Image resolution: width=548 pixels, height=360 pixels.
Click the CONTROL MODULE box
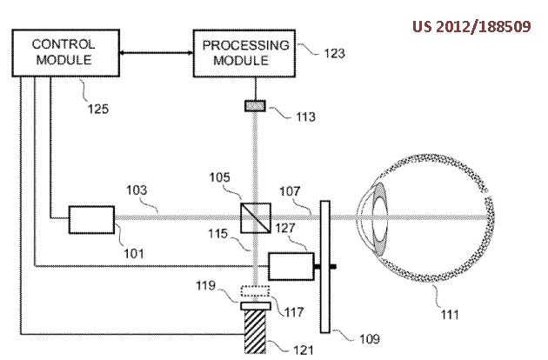[x=63, y=52]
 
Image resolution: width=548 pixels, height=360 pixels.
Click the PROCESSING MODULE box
[x=244, y=51]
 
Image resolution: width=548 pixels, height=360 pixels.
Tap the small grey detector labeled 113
[x=254, y=106]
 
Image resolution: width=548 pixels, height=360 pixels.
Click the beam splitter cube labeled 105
[x=253, y=217]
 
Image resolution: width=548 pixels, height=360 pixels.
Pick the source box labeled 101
[x=92, y=218]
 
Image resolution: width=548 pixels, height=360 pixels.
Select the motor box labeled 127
[x=290, y=264]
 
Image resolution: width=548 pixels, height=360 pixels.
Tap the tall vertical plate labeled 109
[x=325, y=265]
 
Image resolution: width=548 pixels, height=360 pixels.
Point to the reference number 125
[x=98, y=110]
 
